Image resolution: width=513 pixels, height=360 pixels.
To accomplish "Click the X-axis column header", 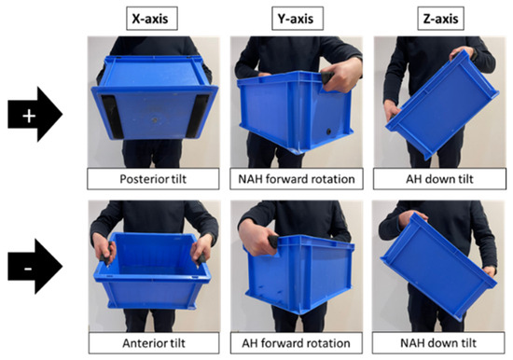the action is click(x=152, y=19).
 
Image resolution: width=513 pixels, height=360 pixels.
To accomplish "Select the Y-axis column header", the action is click(x=298, y=19).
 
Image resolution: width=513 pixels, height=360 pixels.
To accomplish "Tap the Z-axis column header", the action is click(x=440, y=19).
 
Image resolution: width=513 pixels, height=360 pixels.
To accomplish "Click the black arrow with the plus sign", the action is click(x=35, y=114).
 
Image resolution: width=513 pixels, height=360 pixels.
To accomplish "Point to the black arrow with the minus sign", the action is click(x=35, y=267).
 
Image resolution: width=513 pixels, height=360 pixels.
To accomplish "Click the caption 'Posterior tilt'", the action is click(x=153, y=179).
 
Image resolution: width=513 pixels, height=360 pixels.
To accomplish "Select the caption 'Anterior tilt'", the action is click(x=154, y=343).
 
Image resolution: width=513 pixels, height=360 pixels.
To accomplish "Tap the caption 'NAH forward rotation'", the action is click(x=297, y=179).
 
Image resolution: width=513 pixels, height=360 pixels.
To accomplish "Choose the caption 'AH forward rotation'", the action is click(x=296, y=343).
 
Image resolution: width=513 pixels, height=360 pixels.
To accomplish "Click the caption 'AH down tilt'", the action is click(x=439, y=179).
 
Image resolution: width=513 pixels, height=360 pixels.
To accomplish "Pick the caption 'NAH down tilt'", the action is click(x=438, y=343).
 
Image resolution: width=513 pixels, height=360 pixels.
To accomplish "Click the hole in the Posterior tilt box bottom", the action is click(x=155, y=120).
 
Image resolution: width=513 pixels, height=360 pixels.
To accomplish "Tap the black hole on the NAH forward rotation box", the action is click(x=328, y=132).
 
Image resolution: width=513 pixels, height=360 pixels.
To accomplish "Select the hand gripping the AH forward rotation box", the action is click(x=257, y=236).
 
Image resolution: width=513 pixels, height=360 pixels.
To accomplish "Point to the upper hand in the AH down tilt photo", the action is click(x=463, y=53).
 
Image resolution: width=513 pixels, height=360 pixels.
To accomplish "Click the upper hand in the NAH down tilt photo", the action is click(x=411, y=218).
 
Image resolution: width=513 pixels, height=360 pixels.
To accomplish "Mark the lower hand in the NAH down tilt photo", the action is click(x=490, y=272).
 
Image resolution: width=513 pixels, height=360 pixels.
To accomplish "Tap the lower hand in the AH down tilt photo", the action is click(x=393, y=109).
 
